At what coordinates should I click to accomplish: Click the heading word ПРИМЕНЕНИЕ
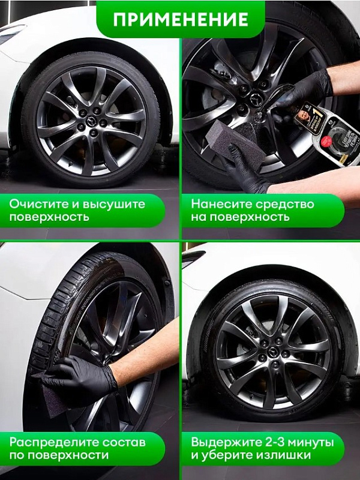click(x=181, y=19)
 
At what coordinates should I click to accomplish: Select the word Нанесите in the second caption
click(x=217, y=204)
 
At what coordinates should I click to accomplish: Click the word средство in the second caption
click(x=290, y=204)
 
